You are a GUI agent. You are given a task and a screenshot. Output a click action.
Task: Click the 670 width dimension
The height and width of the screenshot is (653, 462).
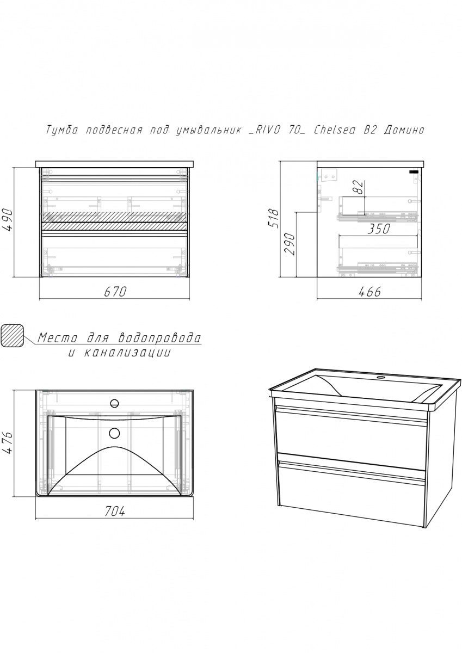(x=115, y=292)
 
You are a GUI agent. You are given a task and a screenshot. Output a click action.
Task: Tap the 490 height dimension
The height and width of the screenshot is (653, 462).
(x=8, y=220)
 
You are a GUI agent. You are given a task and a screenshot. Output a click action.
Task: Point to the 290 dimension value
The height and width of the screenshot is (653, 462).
(x=290, y=244)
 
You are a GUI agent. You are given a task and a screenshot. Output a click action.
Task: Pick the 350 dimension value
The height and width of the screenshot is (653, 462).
(x=379, y=229)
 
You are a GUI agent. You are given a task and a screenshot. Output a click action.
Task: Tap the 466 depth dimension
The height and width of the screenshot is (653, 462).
(x=369, y=292)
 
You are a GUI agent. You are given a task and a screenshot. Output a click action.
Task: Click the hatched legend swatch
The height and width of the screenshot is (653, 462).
(x=12, y=336)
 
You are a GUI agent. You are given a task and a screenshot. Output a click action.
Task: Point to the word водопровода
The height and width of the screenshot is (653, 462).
(x=160, y=338)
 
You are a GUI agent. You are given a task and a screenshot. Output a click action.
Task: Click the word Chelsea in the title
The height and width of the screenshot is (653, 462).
(x=335, y=130)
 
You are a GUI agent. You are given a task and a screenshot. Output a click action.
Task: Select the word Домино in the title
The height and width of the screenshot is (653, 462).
(x=404, y=130)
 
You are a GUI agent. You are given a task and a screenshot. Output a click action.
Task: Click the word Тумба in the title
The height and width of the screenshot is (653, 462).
(x=62, y=130)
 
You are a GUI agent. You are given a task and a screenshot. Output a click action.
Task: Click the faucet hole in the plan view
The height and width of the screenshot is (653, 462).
(x=114, y=403)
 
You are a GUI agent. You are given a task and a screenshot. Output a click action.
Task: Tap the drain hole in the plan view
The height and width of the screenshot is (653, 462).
(x=115, y=433)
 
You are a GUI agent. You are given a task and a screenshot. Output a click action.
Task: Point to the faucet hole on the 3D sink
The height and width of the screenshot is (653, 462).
(x=380, y=378)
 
